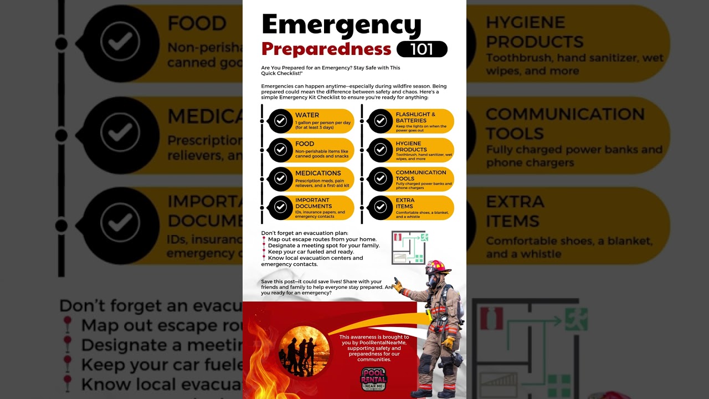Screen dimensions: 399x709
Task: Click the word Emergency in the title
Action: click(x=341, y=24)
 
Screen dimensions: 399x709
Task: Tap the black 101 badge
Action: click(x=422, y=49)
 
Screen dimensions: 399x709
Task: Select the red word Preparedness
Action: click(x=326, y=49)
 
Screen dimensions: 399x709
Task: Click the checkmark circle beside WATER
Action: click(x=281, y=121)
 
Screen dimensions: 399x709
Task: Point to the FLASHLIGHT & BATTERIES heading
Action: click(x=415, y=117)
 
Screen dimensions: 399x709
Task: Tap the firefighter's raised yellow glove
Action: click(x=397, y=285)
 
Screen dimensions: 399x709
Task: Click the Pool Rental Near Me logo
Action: click(x=374, y=380)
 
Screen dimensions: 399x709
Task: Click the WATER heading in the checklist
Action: click(x=307, y=115)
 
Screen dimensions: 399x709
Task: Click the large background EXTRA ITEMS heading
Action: click(x=515, y=211)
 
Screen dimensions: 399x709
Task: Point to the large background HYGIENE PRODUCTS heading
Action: click(x=535, y=32)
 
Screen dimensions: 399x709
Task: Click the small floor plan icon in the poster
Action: click(x=408, y=248)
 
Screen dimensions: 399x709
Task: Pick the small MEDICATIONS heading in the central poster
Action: click(x=318, y=173)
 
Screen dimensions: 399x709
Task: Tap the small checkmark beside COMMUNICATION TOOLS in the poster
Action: click(x=380, y=178)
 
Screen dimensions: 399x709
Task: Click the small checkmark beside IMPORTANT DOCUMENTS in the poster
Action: click(x=281, y=207)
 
